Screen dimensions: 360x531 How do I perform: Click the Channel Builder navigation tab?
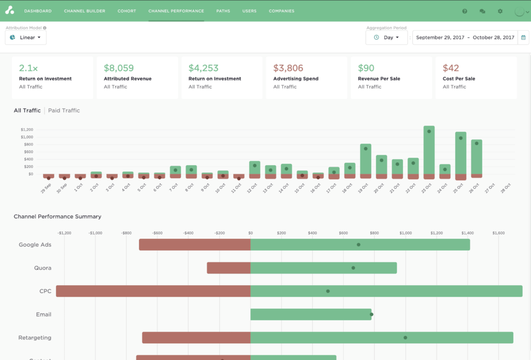point(84,11)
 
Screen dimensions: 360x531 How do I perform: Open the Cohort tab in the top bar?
point(127,11)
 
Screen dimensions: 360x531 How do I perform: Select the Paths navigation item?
point(223,11)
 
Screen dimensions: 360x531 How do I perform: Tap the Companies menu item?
point(282,11)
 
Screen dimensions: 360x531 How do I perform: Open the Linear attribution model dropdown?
point(26,37)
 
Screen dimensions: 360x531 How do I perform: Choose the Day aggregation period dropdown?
point(387,37)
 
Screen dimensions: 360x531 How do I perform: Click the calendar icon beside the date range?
point(523,37)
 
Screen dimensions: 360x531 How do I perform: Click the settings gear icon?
point(500,11)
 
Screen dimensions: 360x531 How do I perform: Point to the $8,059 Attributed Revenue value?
point(119,68)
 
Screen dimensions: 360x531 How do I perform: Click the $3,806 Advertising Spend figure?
point(288,68)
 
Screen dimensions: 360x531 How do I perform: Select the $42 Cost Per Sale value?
point(451,68)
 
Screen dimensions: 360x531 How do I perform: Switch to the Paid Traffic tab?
point(64,110)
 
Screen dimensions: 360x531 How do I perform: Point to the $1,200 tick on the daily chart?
point(27,130)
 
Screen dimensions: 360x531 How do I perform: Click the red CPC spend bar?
point(153,291)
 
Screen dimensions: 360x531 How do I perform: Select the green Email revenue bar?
point(311,314)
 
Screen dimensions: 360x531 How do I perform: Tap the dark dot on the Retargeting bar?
point(405,338)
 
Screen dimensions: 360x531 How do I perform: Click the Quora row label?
point(43,268)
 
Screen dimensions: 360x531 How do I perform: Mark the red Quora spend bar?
point(229,268)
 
